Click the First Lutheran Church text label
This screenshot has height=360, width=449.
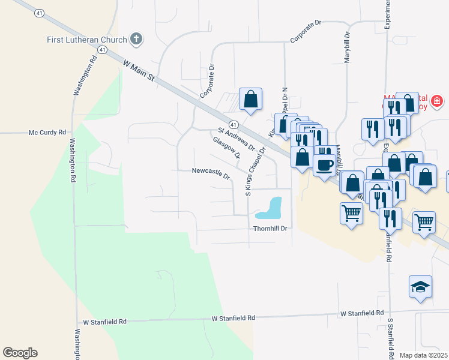pyautogui.click(x=87, y=40)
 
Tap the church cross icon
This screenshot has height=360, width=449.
pyautogui.click(x=136, y=40)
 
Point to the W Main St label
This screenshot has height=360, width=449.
pyautogui.click(x=139, y=70)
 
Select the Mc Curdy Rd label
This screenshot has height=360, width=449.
pyautogui.click(x=47, y=132)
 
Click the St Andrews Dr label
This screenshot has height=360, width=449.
pyautogui.click(x=236, y=139)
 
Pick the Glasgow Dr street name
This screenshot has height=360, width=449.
pyautogui.click(x=226, y=148)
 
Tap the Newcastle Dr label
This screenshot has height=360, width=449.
pyautogui.click(x=211, y=173)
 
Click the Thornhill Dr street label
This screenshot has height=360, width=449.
pyautogui.click(x=271, y=229)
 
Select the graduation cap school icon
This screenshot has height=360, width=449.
pyautogui.click(x=421, y=286)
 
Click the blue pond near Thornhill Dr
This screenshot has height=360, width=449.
pyautogui.click(x=270, y=208)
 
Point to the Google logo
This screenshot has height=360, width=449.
pyautogui.click(x=20, y=353)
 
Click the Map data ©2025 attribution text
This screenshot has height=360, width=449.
pyautogui.click(x=423, y=355)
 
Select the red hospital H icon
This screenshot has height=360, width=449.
pyautogui.click(x=438, y=100)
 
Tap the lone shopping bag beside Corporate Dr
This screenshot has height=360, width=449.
pyautogui.click(x=250, y=99)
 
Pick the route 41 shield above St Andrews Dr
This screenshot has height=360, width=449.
pyautogui.click(x=234, y=124)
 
